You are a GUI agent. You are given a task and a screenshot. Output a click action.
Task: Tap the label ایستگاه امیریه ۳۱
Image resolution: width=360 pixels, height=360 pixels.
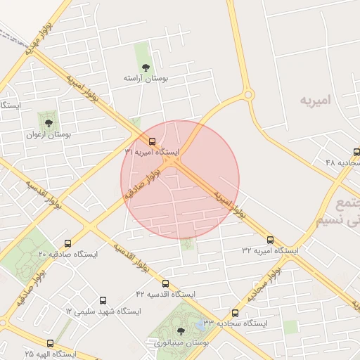coord(152,152)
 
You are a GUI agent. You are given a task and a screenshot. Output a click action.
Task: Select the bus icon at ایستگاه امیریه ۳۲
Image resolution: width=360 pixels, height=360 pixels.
coord(270,240)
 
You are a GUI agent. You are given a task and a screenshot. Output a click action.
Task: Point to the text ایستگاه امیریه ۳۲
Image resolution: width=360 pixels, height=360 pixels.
coord(271,250)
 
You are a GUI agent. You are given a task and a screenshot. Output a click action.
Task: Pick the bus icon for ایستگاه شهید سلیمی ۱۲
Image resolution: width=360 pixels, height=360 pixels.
coord(104,300)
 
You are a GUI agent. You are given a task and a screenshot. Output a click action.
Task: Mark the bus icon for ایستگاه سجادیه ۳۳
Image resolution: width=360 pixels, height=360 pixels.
coord(235,313)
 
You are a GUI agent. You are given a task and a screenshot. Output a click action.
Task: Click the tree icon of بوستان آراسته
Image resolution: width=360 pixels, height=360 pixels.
coord(146,67)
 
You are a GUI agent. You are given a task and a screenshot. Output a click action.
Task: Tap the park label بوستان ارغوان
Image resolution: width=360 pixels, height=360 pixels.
coord(47,134)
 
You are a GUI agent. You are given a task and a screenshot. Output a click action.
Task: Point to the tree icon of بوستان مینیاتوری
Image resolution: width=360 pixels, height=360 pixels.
coord(181,331)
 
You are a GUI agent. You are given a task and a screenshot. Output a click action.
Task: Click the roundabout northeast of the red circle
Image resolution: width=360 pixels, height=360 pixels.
coord(247,95)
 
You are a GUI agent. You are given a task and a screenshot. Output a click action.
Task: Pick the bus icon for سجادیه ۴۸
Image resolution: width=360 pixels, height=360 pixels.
coord(356,152)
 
